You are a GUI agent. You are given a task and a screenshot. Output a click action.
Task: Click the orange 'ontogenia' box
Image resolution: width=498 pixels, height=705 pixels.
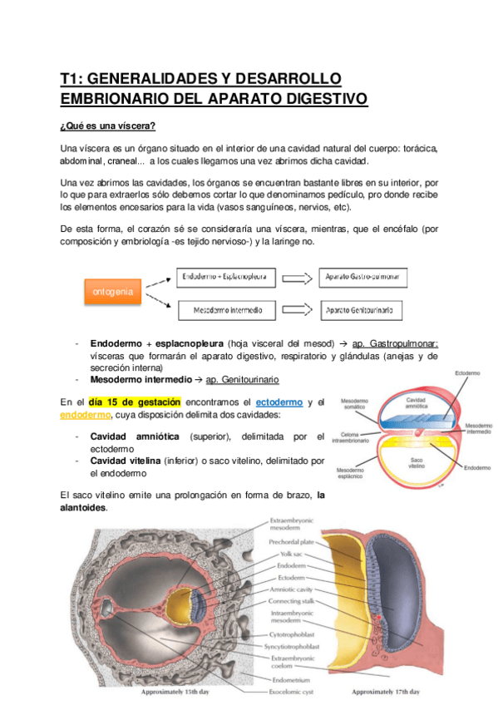(x=113, y=293)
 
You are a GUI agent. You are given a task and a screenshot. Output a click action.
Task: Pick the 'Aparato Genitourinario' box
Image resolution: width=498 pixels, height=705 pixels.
(x=363, y=311)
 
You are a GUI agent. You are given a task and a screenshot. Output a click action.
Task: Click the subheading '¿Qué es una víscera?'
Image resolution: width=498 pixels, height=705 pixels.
(x=107, y=126)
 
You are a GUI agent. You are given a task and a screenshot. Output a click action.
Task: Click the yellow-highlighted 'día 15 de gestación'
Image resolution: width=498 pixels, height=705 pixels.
(x=134, y=402)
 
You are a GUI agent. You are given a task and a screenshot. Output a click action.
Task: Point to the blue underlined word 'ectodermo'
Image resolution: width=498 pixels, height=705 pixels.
(x=278, y=402)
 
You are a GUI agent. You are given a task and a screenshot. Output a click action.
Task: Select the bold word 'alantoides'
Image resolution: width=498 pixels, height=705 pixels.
(x=82, y=507)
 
